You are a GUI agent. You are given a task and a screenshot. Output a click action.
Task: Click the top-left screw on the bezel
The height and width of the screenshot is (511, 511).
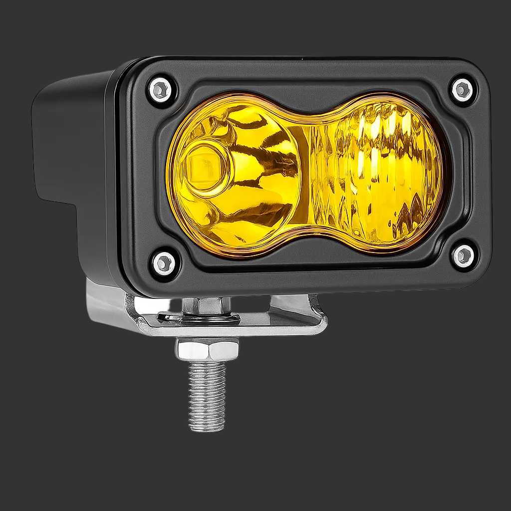160,90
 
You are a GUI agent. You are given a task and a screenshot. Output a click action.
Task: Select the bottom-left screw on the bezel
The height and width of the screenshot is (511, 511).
164,263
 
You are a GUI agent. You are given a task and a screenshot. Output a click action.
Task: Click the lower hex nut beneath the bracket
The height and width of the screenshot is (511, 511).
207,349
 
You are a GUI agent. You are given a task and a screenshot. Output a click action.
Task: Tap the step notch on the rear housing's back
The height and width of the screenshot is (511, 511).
55,200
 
